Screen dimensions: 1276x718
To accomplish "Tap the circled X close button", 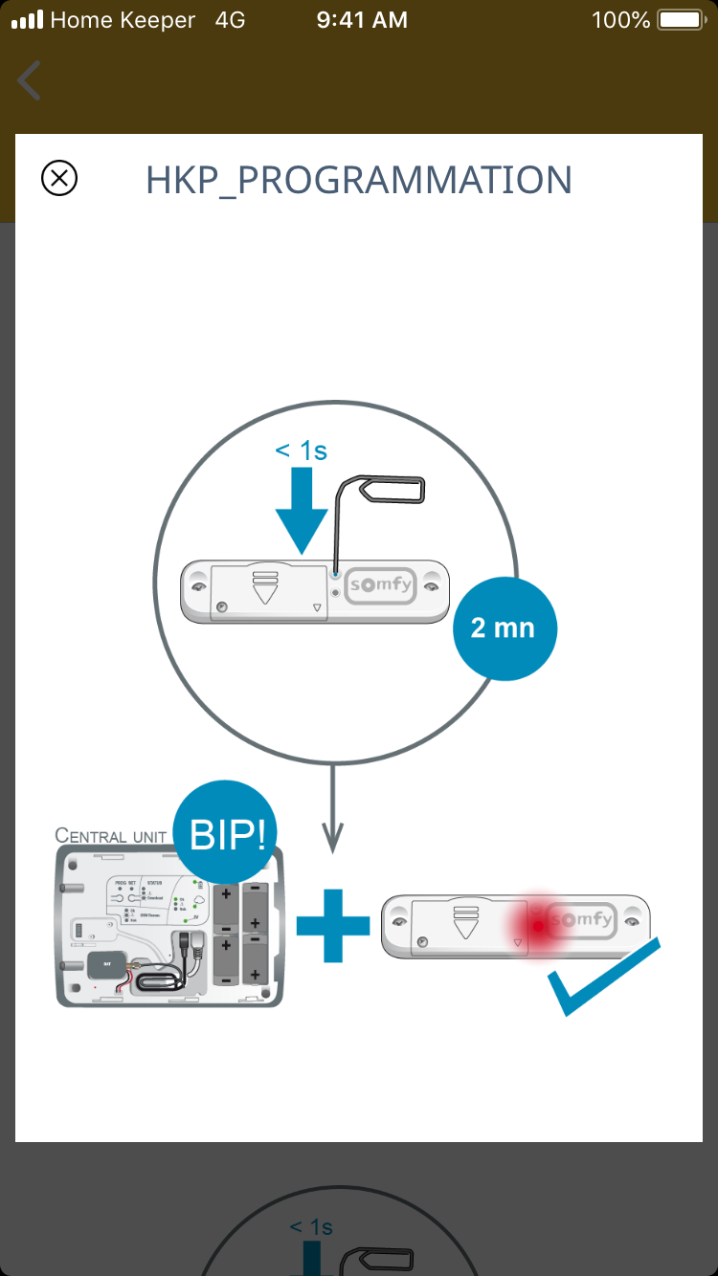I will click(59, 178).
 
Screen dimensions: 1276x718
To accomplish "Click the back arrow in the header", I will click(30, 80).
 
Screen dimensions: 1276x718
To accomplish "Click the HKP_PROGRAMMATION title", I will click(359, 180).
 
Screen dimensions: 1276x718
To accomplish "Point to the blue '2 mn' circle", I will click(504, 627).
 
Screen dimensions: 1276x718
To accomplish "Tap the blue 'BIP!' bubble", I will click(226, 835).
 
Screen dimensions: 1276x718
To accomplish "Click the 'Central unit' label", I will click(111, 835).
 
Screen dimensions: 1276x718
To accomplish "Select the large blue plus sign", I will click(332, 925).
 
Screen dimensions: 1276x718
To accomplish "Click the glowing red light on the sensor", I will click(539, 924).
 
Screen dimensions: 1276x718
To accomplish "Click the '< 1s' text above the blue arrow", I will click(301, 450).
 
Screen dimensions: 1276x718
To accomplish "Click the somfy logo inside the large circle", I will click(381, 585).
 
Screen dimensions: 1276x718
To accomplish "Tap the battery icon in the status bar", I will click(681, 20).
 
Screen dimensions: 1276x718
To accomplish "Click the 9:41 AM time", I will click(361, 20).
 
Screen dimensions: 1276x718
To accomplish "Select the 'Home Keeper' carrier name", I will click(123, 20).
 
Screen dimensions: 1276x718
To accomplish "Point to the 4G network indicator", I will click(229, 20).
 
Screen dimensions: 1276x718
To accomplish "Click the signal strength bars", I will click(28, 20).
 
